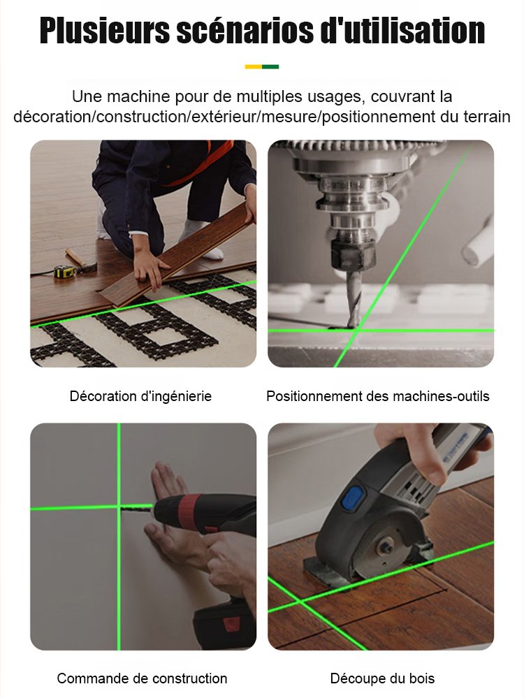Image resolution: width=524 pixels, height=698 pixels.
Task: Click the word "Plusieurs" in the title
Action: click(x=105, y=31)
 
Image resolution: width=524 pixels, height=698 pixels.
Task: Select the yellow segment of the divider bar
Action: click(x=254, y=67)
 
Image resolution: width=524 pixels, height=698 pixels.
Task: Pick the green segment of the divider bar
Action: click(x=270, y=67)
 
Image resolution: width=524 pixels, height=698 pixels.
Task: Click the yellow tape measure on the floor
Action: click(x=63, y=271)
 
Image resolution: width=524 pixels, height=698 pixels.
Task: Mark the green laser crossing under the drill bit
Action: click(x=356, y=330)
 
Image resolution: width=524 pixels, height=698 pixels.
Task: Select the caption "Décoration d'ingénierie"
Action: click(x=140, y=396)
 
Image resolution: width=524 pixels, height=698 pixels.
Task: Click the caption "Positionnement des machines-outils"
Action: click(x=377, y=396)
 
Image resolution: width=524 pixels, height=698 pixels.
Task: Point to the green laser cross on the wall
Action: click(x=119, y=507)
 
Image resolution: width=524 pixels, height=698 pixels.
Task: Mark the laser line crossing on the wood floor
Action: click(x=302, y=602)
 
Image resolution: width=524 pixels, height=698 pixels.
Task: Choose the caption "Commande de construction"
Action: click(x=142, y=678)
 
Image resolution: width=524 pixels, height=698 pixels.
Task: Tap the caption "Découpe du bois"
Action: click(x=382, y=678)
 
